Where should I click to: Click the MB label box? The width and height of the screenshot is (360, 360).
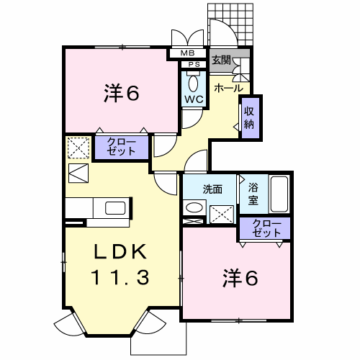point(188,53)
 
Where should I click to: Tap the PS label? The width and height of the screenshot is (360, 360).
point(194,65)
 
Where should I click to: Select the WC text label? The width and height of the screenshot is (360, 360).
point(194,99)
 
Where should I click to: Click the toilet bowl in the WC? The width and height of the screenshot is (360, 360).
point(193,84)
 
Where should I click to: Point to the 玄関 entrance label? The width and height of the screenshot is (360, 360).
point(221,60)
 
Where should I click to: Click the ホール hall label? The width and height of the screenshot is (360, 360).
point(228,89)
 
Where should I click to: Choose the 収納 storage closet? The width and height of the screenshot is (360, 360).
point(251,118)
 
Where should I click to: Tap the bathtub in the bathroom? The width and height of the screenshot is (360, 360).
point(279,194)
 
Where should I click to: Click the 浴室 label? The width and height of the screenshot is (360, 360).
point(253,194)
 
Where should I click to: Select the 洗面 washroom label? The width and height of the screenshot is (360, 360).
point(212,189)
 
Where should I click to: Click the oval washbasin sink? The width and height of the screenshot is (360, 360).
point(194,207)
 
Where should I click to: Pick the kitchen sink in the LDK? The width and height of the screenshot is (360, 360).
point(115,208)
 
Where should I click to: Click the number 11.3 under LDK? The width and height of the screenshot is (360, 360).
point(120,277)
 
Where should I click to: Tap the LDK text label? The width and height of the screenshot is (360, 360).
point(120,251)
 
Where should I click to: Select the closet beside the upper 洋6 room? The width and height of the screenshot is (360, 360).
point(122,148)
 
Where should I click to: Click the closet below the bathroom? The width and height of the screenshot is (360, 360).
point(265,228)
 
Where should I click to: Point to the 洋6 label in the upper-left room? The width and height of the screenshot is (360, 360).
point(122,94)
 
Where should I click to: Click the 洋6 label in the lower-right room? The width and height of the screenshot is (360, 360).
point(240,278)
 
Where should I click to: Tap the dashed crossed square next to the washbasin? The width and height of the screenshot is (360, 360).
point(222,215)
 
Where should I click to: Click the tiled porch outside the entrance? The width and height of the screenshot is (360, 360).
point(230,24)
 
